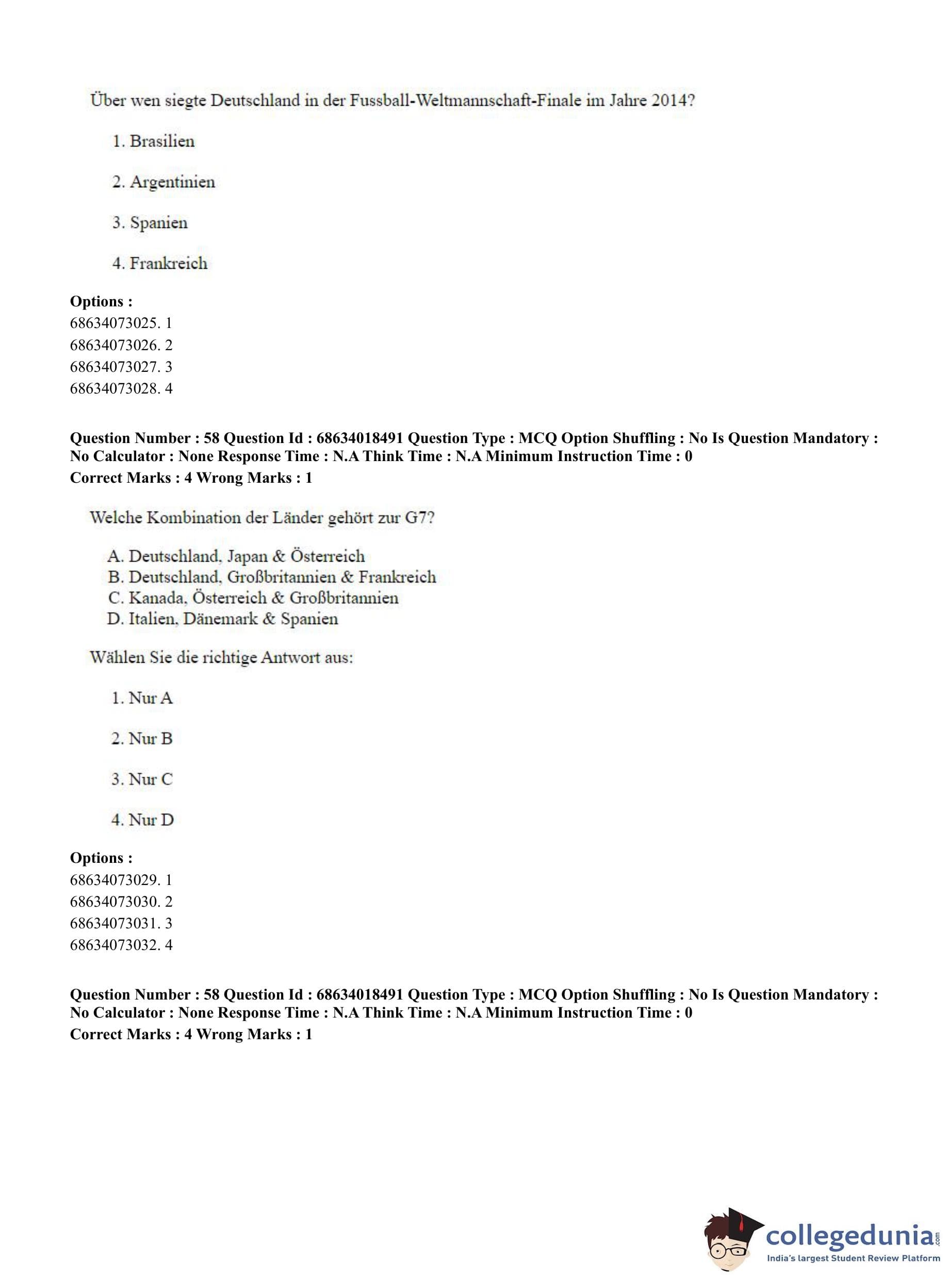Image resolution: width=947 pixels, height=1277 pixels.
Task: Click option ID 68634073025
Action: tap(114, 323)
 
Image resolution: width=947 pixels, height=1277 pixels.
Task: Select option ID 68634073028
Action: tap(114, 388)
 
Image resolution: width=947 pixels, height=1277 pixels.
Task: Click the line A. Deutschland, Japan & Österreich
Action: tap(236, 556)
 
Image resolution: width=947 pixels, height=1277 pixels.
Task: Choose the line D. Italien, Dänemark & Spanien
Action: tap(222, 619)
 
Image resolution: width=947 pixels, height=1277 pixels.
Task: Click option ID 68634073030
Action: tap(114, 902)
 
